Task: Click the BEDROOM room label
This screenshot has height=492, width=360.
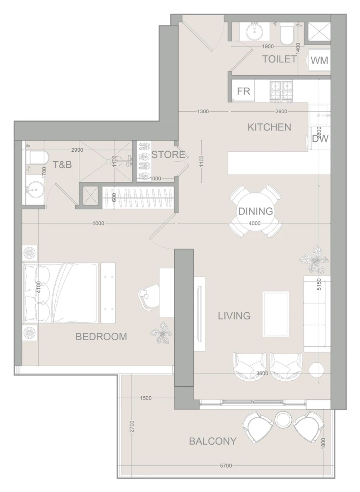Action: point(101,337)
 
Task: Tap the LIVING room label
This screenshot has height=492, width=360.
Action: point(234,316)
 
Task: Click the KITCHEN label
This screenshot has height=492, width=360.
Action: point(269,127)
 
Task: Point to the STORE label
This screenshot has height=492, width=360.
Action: point(168,155)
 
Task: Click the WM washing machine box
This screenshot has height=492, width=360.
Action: point(319,60)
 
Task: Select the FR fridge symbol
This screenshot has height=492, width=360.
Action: point(244,91)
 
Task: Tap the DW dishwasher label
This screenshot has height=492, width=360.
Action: point(320,139)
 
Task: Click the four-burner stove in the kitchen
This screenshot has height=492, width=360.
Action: point(282,90)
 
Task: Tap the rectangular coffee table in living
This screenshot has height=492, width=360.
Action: point(276,314)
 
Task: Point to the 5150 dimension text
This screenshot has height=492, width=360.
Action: point(319,285)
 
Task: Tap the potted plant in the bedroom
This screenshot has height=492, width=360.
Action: point(162,331)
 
